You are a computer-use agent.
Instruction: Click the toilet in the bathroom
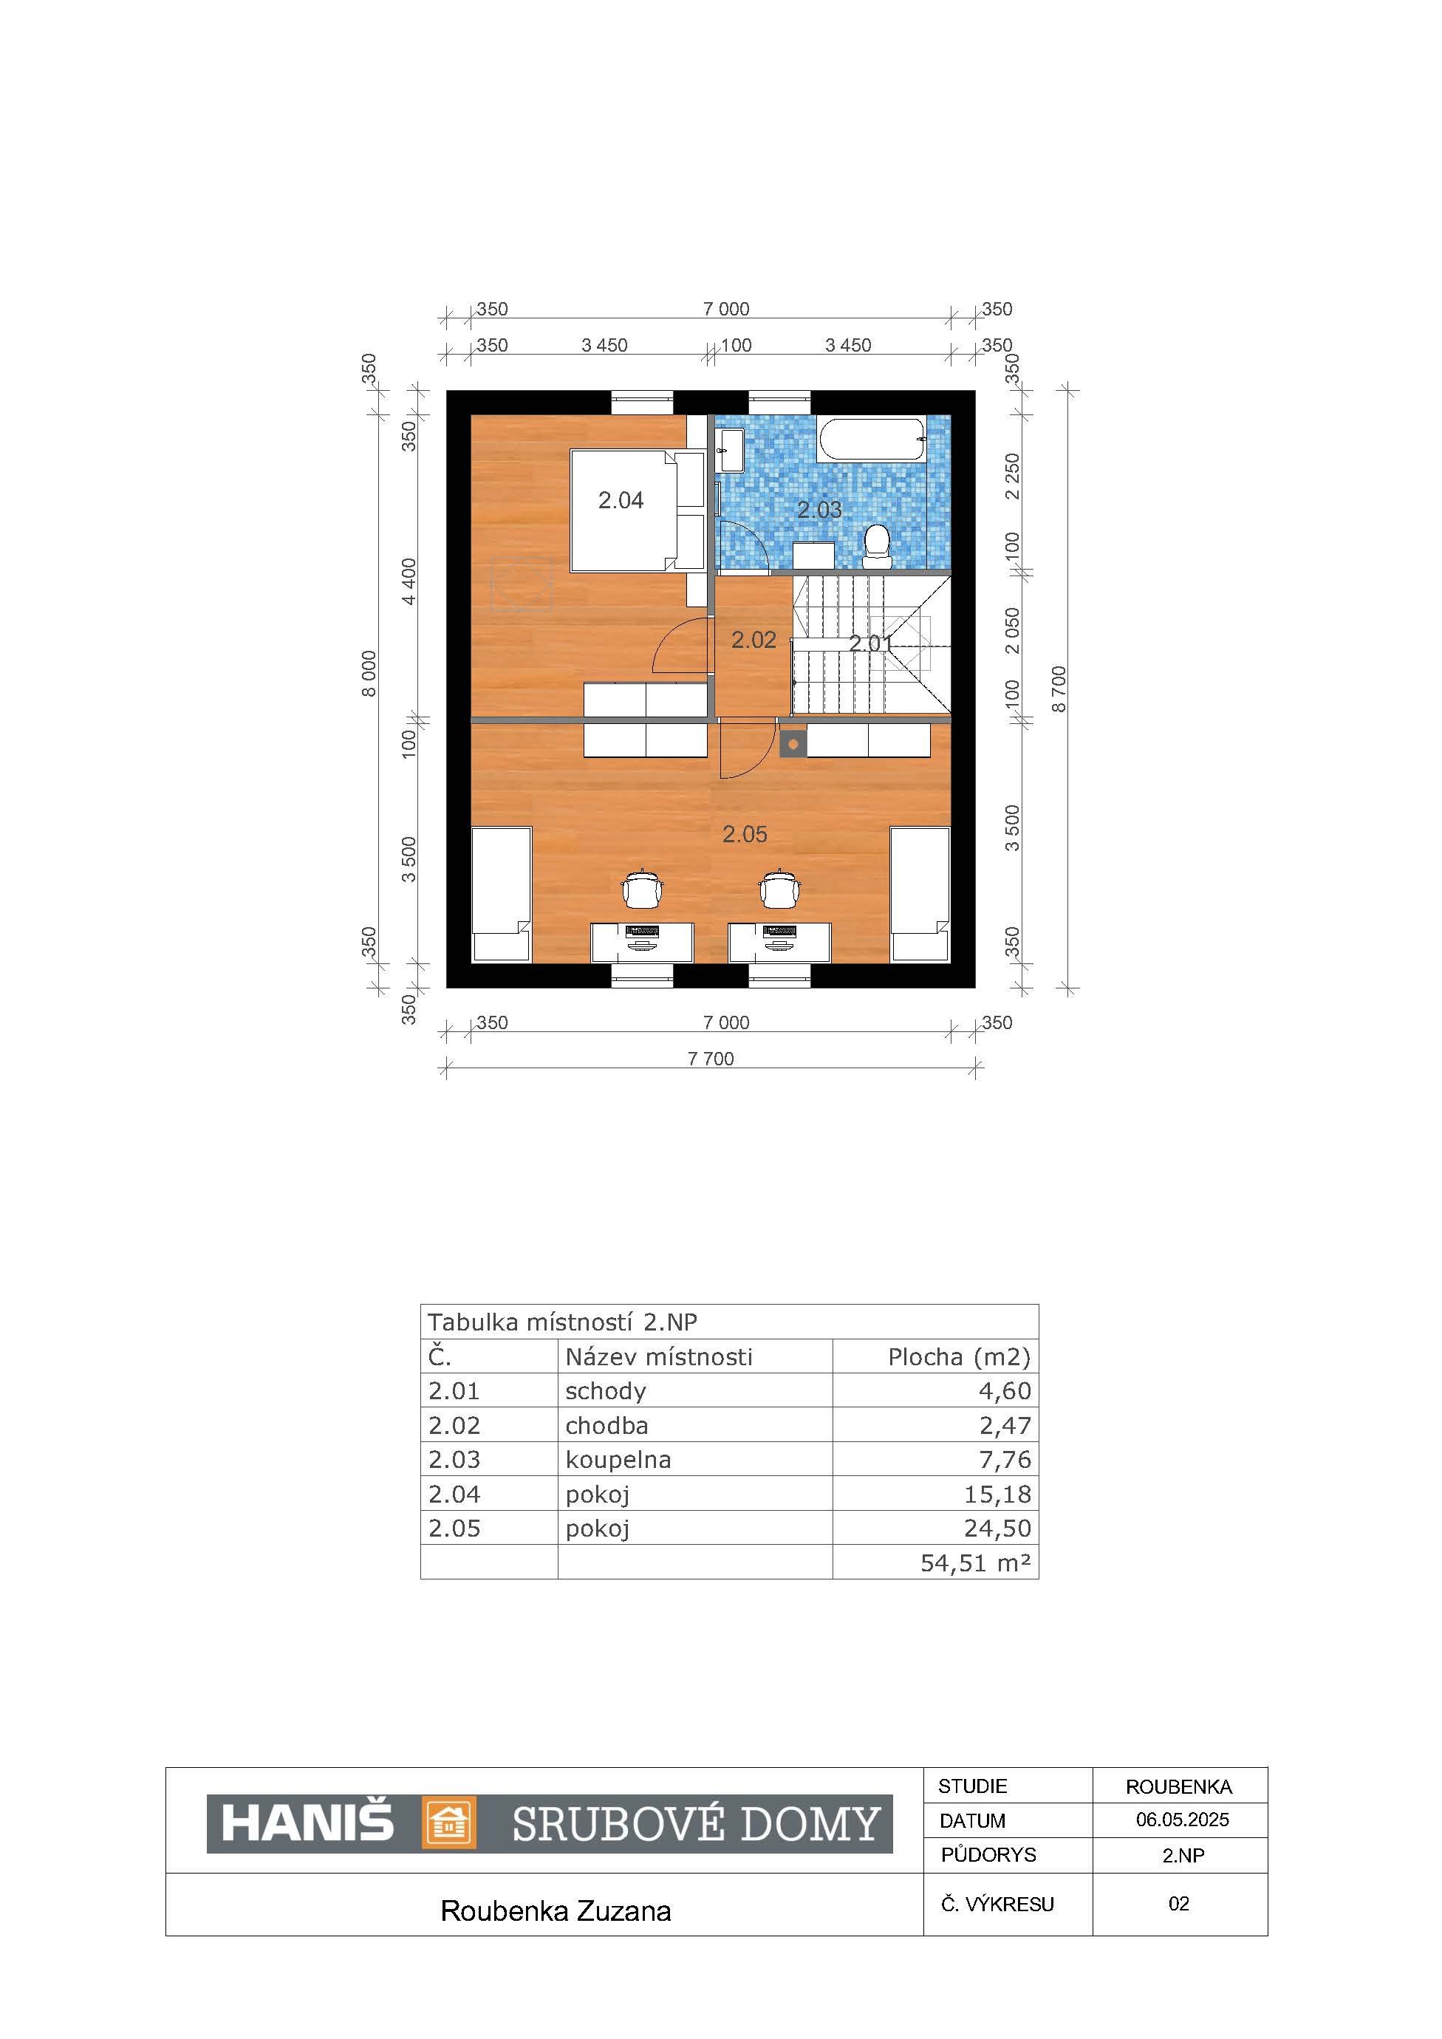click(x=878, y=546)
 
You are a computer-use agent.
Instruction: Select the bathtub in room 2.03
click(x=871, y=440)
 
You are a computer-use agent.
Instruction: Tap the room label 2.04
click(x=621, y=501)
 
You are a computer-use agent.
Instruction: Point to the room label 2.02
click(x=754, y=641)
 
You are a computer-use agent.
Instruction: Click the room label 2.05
click(x=744, y=834)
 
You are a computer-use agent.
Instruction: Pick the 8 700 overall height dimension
click(x=1059, y=689)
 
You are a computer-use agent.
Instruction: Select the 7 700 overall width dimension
click(x=711, y=1059)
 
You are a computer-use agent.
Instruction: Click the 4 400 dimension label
click(x=409, y=581)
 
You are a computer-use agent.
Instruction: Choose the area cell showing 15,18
click(x=998, y=1494)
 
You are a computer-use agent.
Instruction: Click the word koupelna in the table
click(x=618, y=1460)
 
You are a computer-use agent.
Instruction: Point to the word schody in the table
click(x=606, y=1392)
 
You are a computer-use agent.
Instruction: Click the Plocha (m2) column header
click(x=959, y=1357)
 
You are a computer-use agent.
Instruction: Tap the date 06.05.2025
click(x=1182, y=1820)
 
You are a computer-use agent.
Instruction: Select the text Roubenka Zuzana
click(x=556, y=1911)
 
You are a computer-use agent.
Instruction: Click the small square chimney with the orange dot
click(x=793, y=744)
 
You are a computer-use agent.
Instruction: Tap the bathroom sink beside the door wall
click(x=731, y=451)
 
